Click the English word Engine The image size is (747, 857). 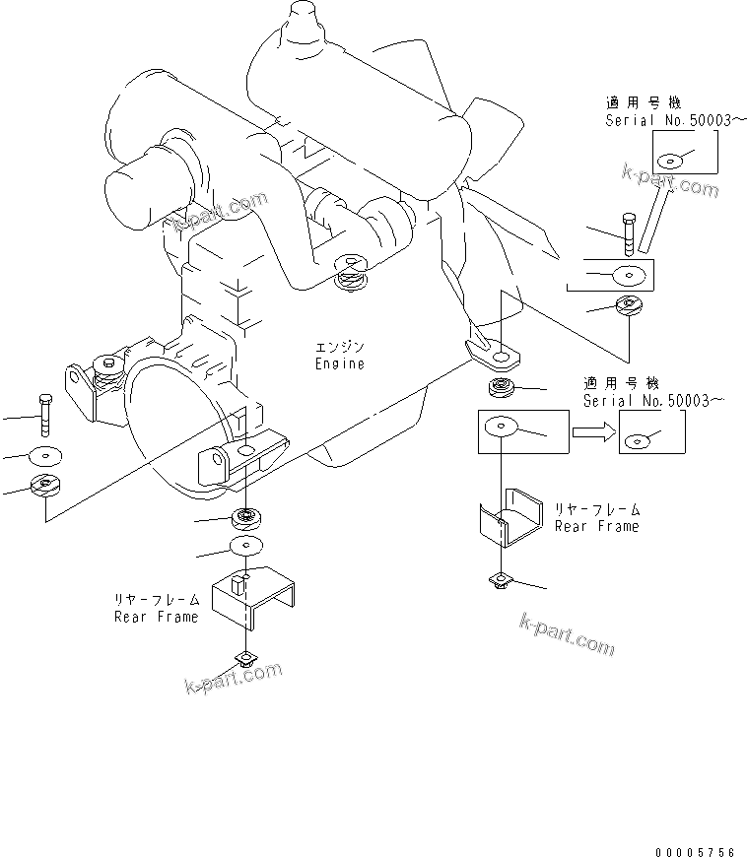tap(339, 363)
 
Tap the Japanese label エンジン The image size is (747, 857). tap(339, 348)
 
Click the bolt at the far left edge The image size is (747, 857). tap(42, 414)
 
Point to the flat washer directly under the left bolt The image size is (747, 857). tap(43, 455)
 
